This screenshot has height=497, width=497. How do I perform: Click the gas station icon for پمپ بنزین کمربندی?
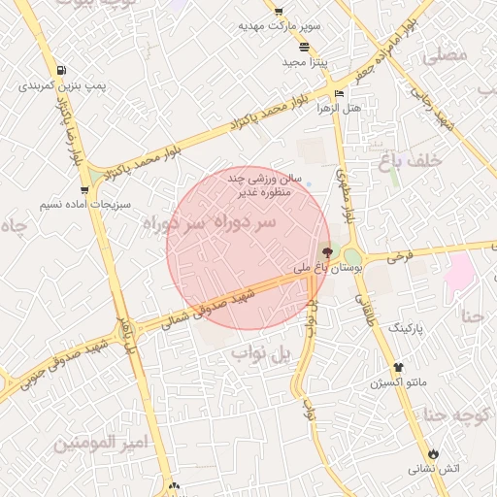pos(62,71)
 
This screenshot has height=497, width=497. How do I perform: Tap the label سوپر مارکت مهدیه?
pos(279,26)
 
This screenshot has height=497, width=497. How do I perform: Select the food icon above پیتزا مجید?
pos(305,47)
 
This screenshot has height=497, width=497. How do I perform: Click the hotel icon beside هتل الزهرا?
pos(339,93)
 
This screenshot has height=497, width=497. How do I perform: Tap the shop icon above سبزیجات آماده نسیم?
pos(84,190)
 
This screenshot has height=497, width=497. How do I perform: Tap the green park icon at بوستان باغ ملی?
pos(350,256)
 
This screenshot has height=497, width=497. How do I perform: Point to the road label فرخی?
pos(400,258)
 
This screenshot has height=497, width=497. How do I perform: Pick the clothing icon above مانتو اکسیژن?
pos(398,367)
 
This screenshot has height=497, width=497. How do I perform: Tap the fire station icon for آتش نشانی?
pos(433,453)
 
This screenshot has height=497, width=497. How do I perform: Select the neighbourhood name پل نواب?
pos(260,355)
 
